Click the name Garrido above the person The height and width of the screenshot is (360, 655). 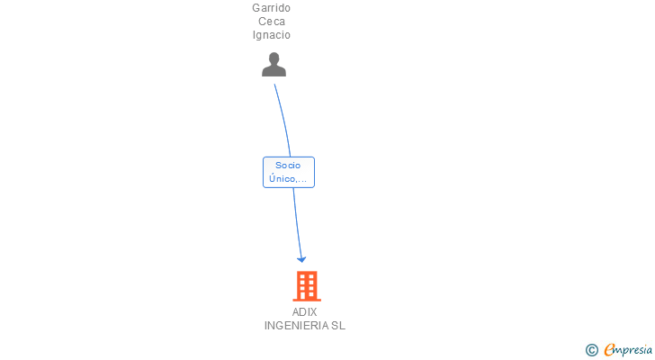pos(271,8)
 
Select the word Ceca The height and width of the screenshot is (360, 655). pos(271,22)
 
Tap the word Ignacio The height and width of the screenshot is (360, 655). pos(271,35)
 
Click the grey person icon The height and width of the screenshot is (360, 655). pos(274,65)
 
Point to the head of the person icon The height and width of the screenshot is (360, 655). pos(274,58)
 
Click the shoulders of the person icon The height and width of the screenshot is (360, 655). pos(274,71)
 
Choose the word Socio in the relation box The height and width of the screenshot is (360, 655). pos(289,166)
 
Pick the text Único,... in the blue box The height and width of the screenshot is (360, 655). pos(289,178)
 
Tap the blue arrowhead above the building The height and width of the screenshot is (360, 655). pos(301,258)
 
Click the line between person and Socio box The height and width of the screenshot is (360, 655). pos(283,117)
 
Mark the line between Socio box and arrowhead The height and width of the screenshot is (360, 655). pos(296,220)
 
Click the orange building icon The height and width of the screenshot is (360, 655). pos(307,286)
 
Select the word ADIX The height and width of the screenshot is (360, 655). pos(304,312)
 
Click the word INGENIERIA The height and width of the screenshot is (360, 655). pos(296,326)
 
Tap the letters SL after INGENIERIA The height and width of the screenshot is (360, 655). pos(338,326)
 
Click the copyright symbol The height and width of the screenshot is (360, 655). pos(592,350)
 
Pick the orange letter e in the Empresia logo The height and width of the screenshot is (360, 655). pos(609,350)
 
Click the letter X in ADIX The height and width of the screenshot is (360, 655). pos(313,312)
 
